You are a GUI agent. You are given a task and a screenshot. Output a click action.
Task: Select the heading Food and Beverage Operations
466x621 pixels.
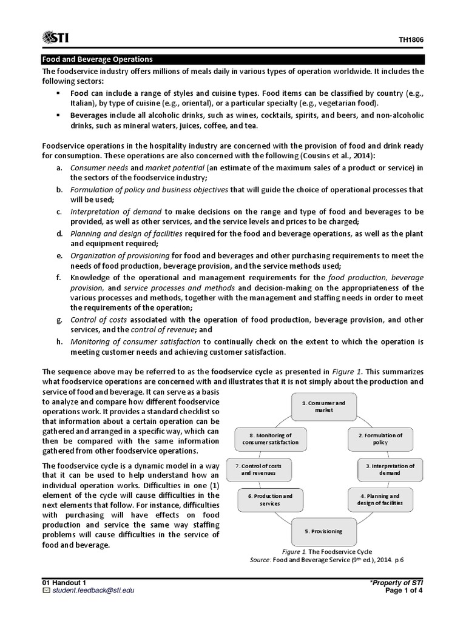[96, 59]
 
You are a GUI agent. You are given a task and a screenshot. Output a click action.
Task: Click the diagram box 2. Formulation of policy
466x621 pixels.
[380, 439]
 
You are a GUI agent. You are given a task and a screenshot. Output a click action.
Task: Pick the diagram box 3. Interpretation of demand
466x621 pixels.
[386, 469]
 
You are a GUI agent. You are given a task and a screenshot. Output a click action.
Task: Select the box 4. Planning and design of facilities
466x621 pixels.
[380, 499]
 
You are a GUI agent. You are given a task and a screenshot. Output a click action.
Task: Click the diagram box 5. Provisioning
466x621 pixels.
[324, 531]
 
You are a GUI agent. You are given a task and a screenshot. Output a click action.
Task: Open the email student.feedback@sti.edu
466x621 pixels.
[85, 590]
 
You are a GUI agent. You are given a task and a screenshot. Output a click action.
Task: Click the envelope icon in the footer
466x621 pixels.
[46, 590]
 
